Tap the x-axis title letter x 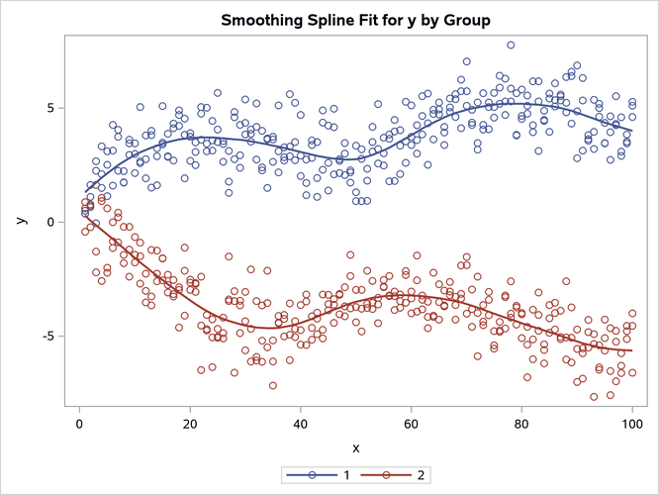pyautogui.click(x=355, y=447)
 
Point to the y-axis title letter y pyautogui.click(x=21, y=221)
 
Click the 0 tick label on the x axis pyautogui.click(x=79, y=426)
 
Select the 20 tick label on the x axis pyautogui.click(x=190, y=426)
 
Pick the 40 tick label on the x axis pyautogui.click(x=300, y=426)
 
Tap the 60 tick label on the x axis pyautogui.click(x=411, y=426)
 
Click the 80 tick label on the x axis pyautogui.click(x=521, y=426)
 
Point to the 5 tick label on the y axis pyautogui.click(x=49, y=108)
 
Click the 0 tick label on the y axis pyautogui.click(x=49, y=222)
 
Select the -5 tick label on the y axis pyautogui.click(x=47, y=336)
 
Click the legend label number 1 pyautogui.click(x=347, y=476)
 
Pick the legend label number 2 pyautogui.click(x=422, y=476)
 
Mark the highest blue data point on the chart pyautogui.click(x=511, y=45)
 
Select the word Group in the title pyautogui.click(x=463, y=20)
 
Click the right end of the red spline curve pyautogui.click(x=631, y=351)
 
